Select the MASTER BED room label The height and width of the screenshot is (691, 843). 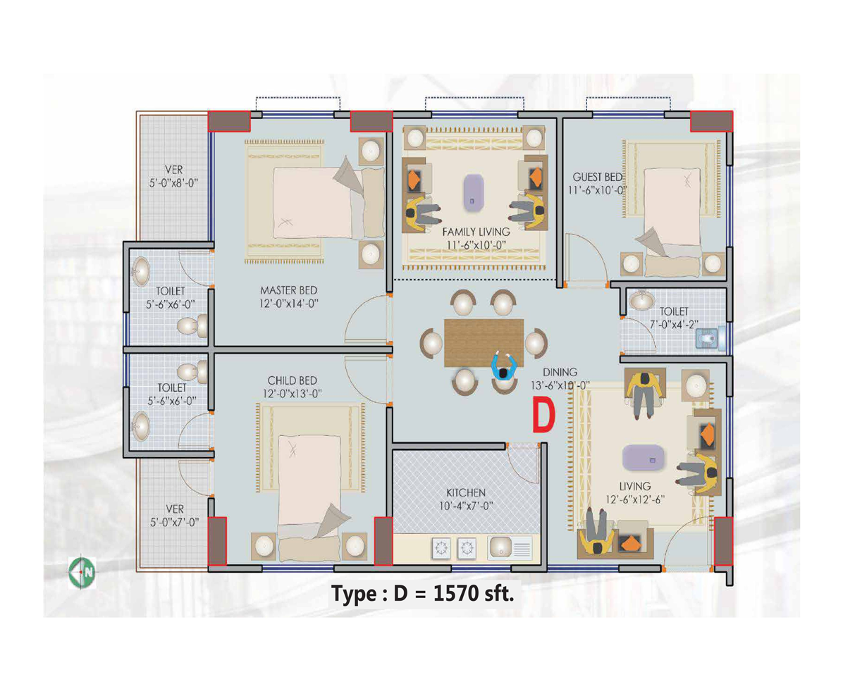coord(289,290)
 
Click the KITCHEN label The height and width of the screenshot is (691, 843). coord(466,491)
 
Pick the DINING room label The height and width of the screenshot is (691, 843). coord(560,372)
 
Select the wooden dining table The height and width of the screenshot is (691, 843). coord(484,342)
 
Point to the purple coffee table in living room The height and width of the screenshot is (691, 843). coord(644,459)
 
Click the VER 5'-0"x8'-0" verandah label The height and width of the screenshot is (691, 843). coord(173,176)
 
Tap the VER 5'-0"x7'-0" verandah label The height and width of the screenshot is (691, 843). coord(173,515)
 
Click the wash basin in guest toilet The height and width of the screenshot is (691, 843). coord(641,301)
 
